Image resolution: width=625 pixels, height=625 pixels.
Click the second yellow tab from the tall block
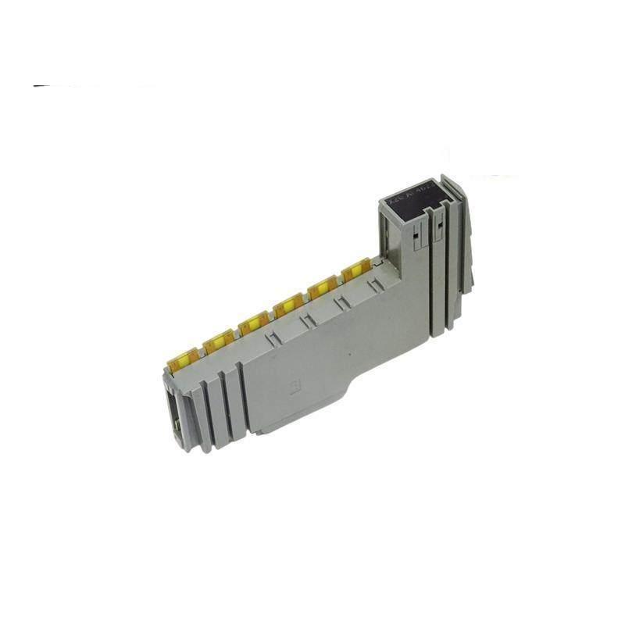(x=321, y=290)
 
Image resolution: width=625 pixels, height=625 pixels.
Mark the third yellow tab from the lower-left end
(x=252, y=320)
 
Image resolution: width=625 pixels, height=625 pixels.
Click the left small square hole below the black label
(x=418, y=227)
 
